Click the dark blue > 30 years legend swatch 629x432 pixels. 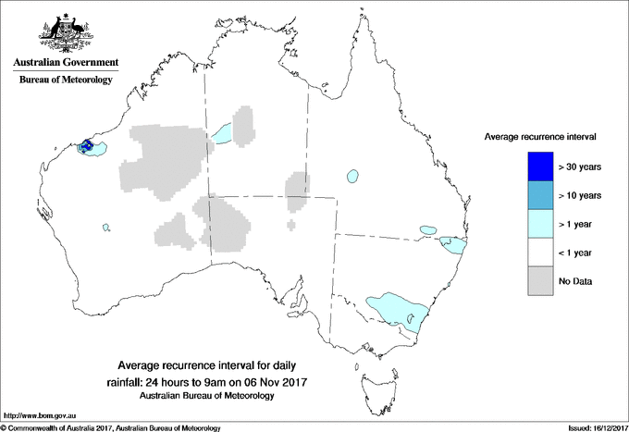[536, 167]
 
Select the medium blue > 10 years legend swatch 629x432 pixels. [536, 195]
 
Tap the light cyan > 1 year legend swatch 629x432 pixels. [536, 223]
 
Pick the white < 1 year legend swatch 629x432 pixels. [536, 252]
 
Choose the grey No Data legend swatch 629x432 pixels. [536, 280]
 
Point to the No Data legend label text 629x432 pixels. [574, 280]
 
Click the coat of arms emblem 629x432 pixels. [66, 32]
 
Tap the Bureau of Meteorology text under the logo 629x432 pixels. [66, 80]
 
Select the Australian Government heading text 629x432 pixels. [66, 63]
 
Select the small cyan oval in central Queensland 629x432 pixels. [351, 176]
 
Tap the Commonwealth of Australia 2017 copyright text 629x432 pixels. [111, 427]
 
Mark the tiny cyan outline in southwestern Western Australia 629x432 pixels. [106, 227]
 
